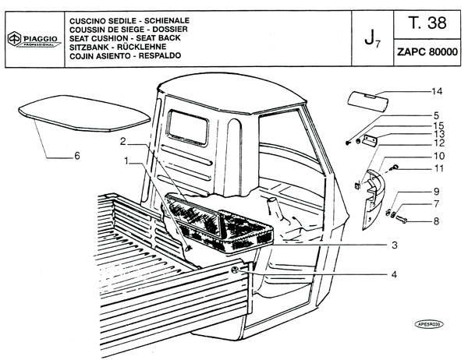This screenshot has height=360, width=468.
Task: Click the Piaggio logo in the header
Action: [34, 39]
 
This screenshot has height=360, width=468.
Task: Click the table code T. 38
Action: [427, 23]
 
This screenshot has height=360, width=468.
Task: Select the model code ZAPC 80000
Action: [427, 52]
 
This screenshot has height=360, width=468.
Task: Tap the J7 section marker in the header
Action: [372, 40]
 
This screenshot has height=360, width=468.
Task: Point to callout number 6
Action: [77, 156]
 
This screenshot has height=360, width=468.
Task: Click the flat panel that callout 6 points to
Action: [84, 113]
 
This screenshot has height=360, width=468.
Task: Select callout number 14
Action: [437, 91]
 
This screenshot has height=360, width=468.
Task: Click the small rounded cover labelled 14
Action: [367, 101]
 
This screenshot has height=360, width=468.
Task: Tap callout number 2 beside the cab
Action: [123, 141]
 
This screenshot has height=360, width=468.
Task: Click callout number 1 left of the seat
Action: [126, 161]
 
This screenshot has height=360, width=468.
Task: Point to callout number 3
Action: [394, 245]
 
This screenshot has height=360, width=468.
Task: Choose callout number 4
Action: [394, 274]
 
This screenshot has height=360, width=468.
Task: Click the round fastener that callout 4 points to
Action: [235, 270]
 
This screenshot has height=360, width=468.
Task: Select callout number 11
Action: [438, 168]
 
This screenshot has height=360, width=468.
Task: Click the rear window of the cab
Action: [188, 127]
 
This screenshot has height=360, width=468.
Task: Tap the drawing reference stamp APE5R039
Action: [429, 324]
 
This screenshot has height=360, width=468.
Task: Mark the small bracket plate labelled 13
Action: [370, 139]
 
